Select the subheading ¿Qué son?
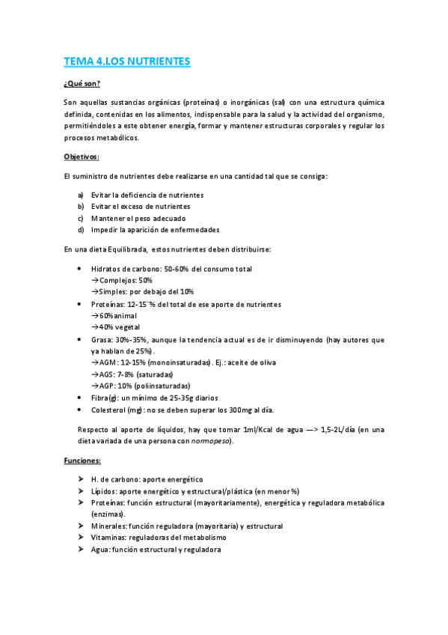click(82, 83)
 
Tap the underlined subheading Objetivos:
click(82, 157)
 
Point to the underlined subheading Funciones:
click(83, 461)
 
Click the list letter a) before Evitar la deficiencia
click(80, 195)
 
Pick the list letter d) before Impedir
click(80, 229)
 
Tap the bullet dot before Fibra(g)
click(80, 398)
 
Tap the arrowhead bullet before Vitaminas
click(80, 538)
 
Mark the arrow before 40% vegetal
click(95, 327)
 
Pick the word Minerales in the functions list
click(108, 526)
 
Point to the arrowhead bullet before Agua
click(80, 550)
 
